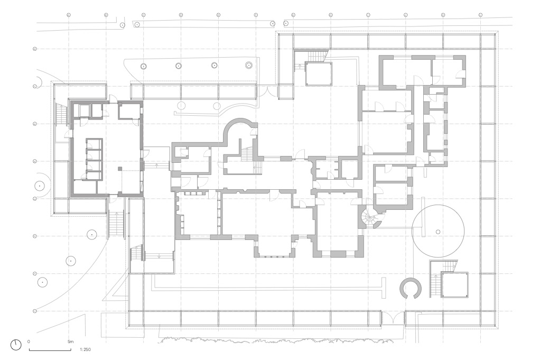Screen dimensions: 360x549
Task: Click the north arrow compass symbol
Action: pos(16,345)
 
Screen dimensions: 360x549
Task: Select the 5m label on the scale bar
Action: pos(71,342)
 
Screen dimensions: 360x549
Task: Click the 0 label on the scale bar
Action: pos(29,342)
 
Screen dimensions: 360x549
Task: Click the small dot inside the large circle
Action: pos(438,232)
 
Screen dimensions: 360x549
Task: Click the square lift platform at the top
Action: pos(319,73)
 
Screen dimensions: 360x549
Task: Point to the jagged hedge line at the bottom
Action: pos(264,339)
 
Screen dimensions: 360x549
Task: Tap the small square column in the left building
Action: pos(120,169)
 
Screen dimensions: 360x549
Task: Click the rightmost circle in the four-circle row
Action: pos(248,66)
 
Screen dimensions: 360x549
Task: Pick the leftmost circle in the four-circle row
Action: pos(143,66)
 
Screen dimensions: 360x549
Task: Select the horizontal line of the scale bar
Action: pos(50,350)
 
